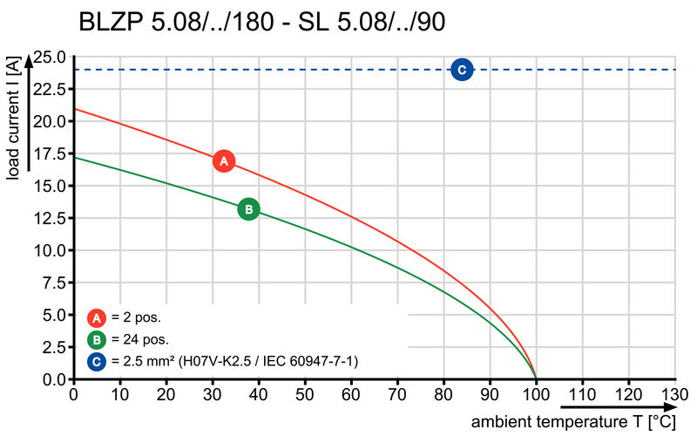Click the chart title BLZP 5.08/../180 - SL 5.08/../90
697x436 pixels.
point(262,22)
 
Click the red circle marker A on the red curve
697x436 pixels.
point(224,161)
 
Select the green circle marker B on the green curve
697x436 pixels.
point(248,209)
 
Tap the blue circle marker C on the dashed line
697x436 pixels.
point(462,70)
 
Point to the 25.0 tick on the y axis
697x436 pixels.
point(51,58)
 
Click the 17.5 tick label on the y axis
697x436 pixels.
point(51,154)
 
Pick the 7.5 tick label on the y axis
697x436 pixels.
point(55,283)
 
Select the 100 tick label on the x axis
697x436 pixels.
point(536,394)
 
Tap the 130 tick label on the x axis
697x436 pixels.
point(674,394)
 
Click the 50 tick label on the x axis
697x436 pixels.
point(305,394)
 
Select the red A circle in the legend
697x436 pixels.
point(98,318)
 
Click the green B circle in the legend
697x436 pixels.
point(98,340)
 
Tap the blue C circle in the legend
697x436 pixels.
point(98,361)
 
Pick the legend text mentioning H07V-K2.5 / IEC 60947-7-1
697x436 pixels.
point(235,361)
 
